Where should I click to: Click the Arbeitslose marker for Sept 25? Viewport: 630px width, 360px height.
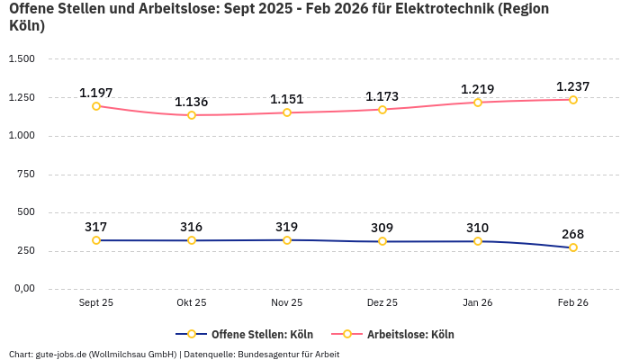96,106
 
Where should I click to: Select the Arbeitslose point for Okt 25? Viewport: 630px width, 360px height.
192,115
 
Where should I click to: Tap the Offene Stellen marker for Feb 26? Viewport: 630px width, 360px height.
573,247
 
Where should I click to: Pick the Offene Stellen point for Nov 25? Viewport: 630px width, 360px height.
287,240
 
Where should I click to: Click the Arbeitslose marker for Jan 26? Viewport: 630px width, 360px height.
478,103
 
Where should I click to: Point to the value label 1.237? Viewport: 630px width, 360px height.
573,86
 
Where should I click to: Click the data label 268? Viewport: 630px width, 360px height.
573,234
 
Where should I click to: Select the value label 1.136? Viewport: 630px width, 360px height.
192,102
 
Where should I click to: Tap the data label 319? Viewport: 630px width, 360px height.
287,227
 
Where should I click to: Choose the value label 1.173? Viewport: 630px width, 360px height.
382,96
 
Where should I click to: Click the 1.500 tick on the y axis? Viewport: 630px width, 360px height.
22,59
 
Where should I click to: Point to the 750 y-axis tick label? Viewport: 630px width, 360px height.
25,174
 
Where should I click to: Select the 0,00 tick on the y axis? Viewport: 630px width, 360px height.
22,289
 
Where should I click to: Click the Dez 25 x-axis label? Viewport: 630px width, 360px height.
382,303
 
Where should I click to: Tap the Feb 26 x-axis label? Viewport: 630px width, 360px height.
573,303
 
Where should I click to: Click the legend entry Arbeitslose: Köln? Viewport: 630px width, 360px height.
409,334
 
